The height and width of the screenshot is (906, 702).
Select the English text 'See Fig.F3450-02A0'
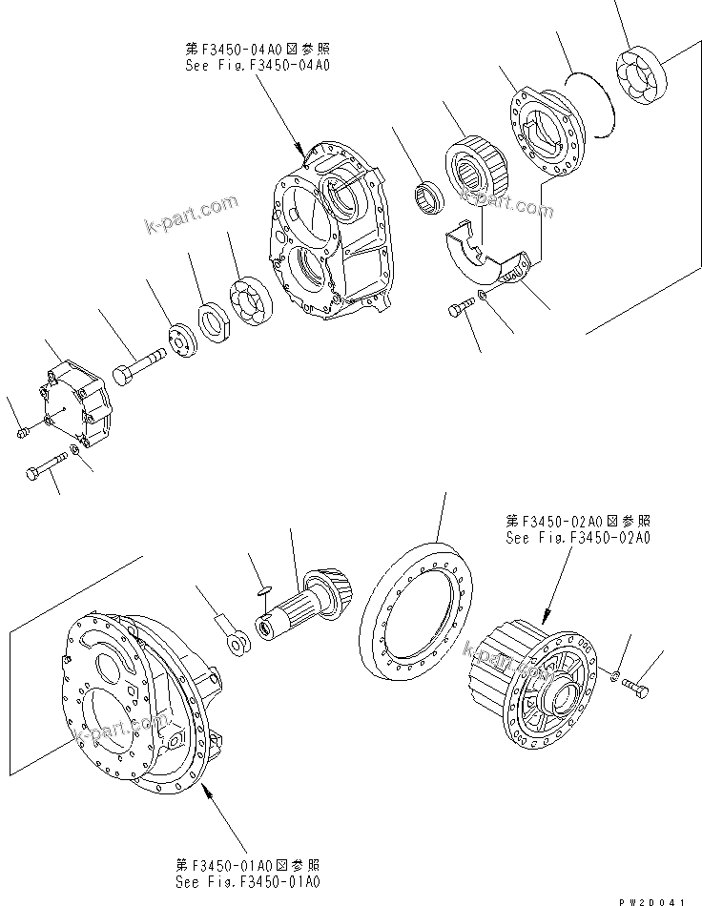(x=578, y=538)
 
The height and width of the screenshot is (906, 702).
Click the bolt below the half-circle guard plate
(x=461, y=308)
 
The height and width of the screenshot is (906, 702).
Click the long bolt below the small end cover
(x=48, y=467)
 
